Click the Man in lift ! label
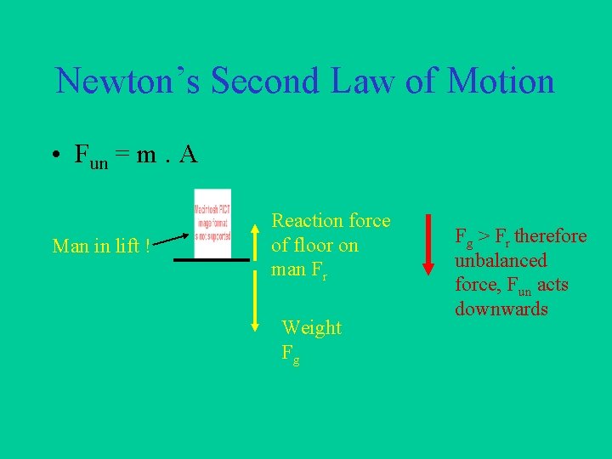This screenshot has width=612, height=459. tap(101, 246)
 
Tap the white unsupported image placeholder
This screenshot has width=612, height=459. tap(212, 224)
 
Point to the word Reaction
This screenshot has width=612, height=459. tap(305, 221)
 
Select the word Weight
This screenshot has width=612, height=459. tap(311, 328)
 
